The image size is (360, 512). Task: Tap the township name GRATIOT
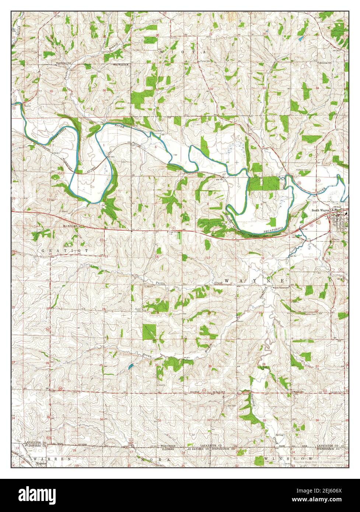[x=65, y=250]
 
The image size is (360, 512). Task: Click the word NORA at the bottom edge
[x=162, y=460]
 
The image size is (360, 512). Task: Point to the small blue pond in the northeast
[x=301, y=38]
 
